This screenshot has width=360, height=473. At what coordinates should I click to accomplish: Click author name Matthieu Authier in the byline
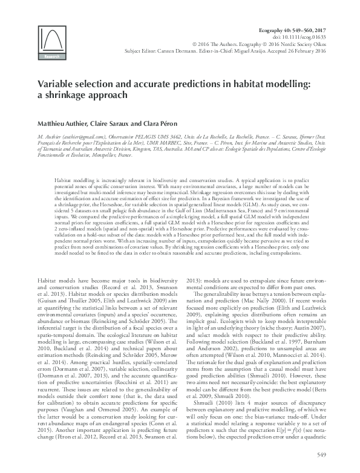63,123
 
